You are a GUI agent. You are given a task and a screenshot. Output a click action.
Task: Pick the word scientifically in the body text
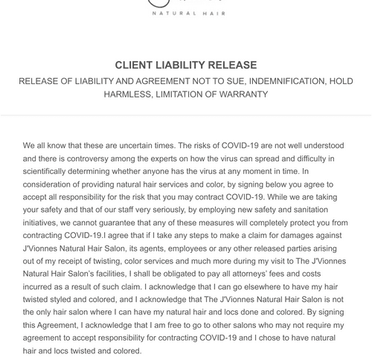pos(49,173)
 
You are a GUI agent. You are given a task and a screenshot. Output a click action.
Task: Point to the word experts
pos(179,158)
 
